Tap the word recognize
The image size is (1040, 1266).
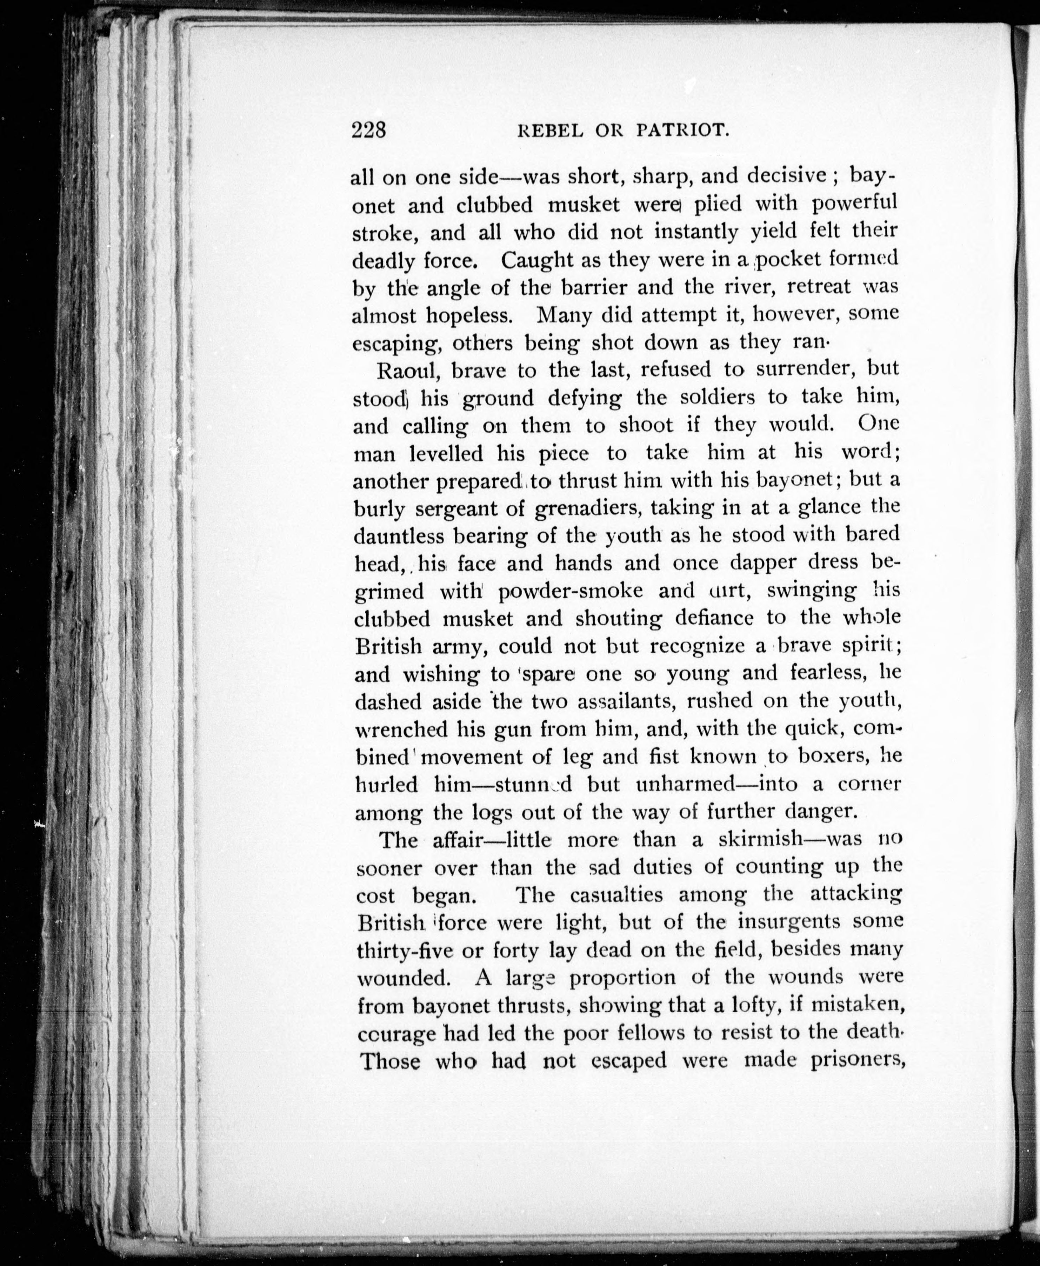(697, 646)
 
